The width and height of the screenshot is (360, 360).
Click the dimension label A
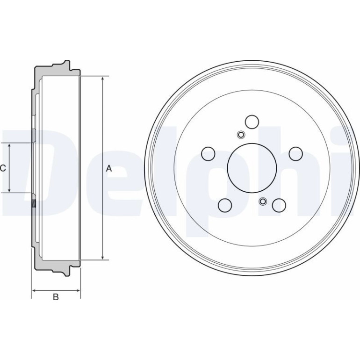(x=109, y=168)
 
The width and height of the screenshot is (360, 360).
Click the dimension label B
(x=56, y=297)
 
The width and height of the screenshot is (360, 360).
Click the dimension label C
(x=3, y=168)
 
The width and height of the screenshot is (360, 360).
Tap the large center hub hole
(x=252, y=168)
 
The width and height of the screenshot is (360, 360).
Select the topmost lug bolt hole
(x=252, y=122)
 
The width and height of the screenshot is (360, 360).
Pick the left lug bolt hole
(x=208, y=154)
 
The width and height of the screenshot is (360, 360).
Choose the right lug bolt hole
(x=295, y=154)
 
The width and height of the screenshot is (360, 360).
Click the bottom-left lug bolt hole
(x=225, y=205)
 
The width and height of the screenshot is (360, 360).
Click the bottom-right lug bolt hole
(x=279, y=205)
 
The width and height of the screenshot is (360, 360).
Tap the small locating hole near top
(x=241, y=135)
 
